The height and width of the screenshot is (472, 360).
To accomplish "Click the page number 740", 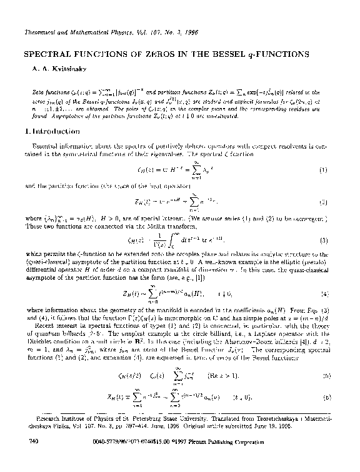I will point(28,460).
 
